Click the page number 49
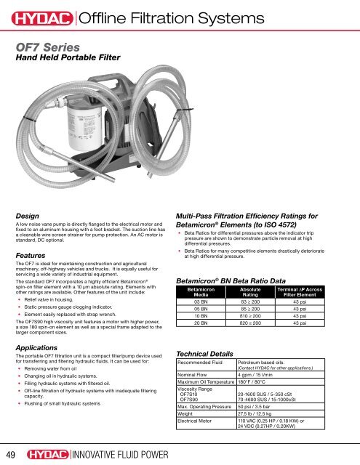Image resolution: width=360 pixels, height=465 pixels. (x=12, y=453)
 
